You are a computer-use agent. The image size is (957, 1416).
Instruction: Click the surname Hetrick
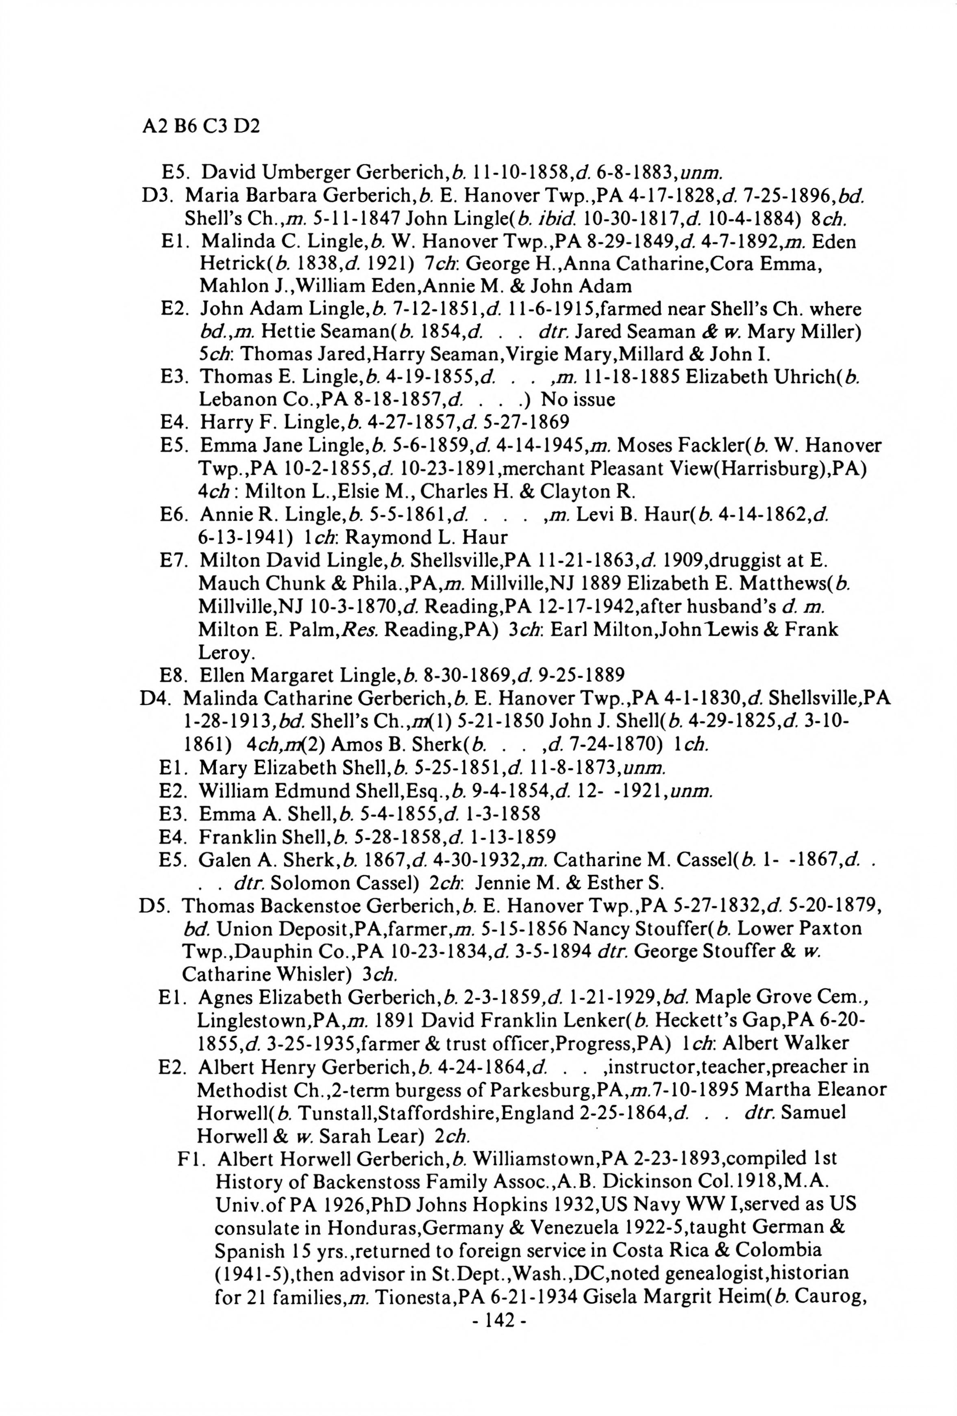[x=226, y=264]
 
